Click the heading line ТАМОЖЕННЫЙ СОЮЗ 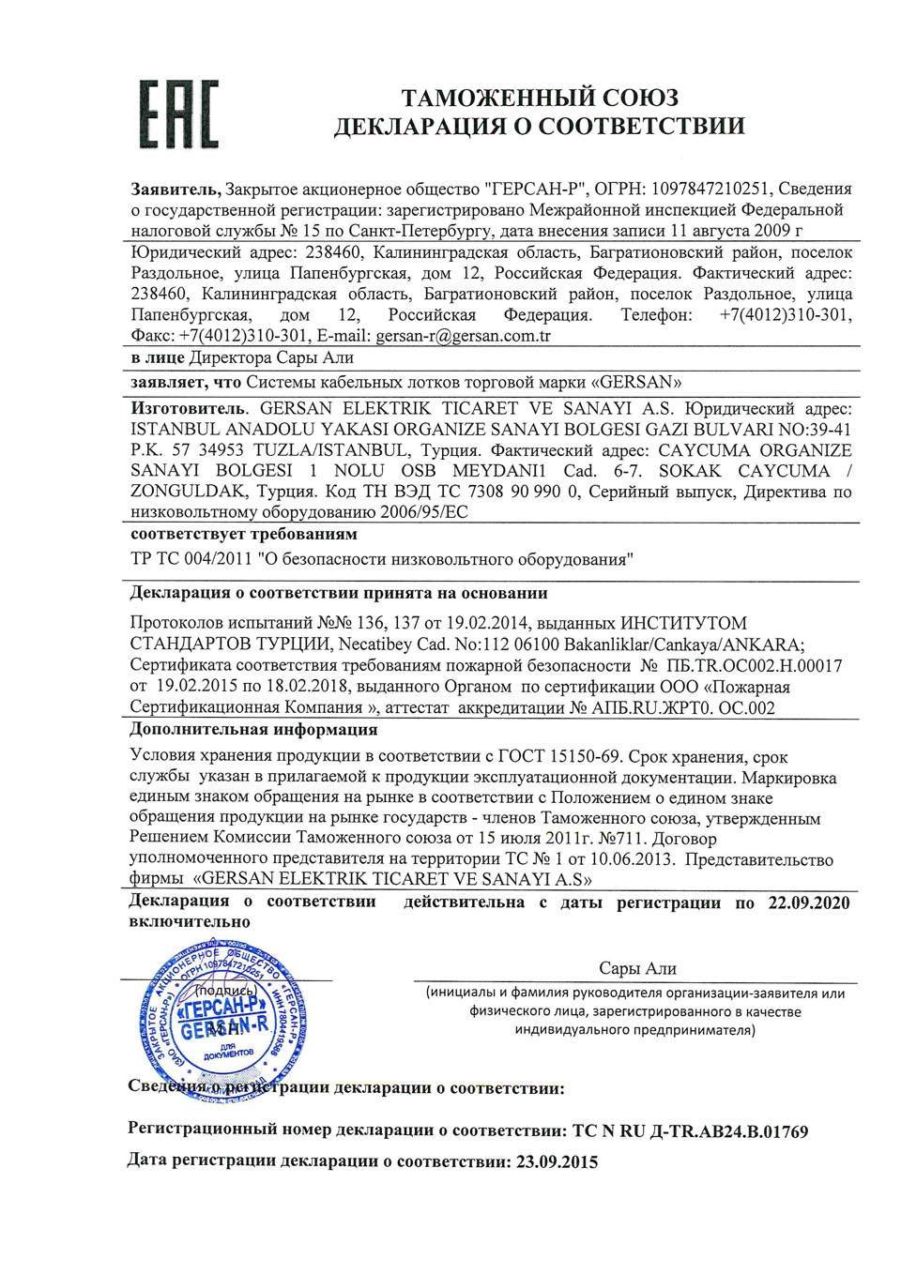pos(540,98)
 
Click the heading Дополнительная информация pos(253,730)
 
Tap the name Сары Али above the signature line pos(637,968)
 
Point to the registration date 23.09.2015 pos(556,1162)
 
